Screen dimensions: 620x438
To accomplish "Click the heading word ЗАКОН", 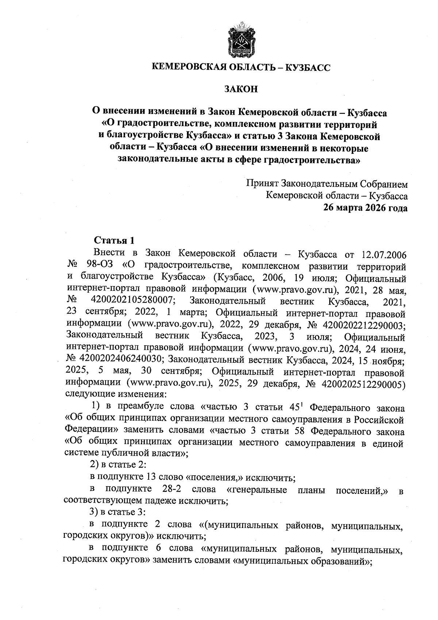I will click(241, 89).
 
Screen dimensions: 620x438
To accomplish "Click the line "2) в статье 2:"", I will click(118, 464).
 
